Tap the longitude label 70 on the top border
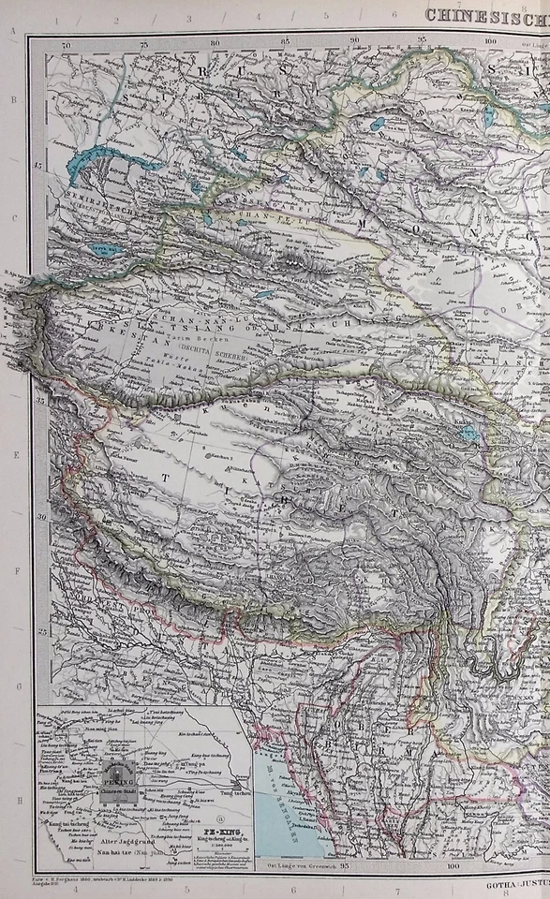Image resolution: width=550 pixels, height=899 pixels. click(x=65, y=43)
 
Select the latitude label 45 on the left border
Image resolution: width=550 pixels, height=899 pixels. click(x=39, y=167)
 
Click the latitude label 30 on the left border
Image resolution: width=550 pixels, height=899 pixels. click(x=39, y=518)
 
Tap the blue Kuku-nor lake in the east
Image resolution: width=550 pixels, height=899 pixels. click(x=470, y=434)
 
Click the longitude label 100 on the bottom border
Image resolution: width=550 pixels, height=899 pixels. click(x=454, y=866)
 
